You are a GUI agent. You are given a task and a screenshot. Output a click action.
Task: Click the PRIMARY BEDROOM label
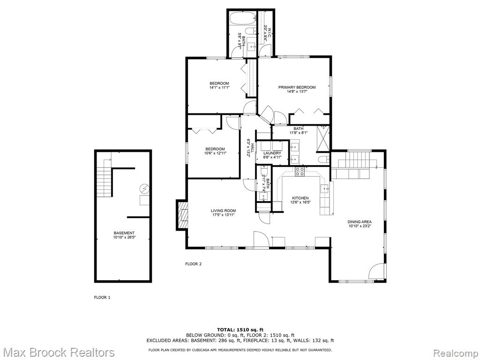pyautogui.click(x=297, y=87)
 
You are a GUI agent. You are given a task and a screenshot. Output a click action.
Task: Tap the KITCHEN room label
pyautogui.click(x=300, y=198)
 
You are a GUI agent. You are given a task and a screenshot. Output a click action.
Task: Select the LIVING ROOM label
pyautogui.click(x=223, y=210)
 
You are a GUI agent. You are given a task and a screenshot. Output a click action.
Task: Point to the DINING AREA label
pyautogui.click(x=360, y=222)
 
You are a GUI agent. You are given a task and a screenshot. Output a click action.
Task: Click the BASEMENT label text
pyautogui.click(x=124, y=233)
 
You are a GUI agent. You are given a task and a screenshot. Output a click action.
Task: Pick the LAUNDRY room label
pyautogui.click(x=272, y=153)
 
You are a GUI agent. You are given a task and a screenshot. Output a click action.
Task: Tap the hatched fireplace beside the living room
pyautogui.click(x=182, y=215)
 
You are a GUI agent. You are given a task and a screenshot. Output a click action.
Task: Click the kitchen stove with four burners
pyautogui.click(x=300, y=172)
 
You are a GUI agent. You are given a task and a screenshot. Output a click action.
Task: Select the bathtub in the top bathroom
pyautogui.click(x=243, y=18)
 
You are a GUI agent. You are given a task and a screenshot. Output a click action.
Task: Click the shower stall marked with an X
pyautogui.click(x=323, y=138)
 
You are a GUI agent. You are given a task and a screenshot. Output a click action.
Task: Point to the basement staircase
pyautogui.click(x=104, y=180)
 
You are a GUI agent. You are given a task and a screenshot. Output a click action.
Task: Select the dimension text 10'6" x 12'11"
pyautogui.click(x=215, y=153)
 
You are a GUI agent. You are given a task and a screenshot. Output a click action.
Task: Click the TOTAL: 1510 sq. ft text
pyautogui.click(x=240, y=330)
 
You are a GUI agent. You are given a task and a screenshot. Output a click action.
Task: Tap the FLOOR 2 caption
pyautogui.click(x=194, y=264)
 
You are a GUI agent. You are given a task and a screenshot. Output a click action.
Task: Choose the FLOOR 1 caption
pyautogui.click(x=102, y=297)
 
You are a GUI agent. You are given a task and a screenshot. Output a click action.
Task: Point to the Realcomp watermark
pyautogui.click(x=455, y=352)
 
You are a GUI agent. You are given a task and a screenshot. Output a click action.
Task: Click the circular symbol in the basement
pyautogui.click(x=144, y=188)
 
